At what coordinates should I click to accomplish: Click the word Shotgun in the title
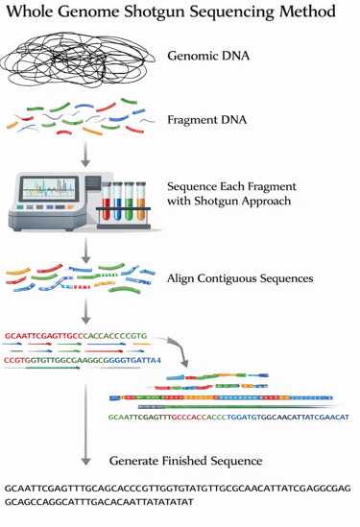tap(155, 12)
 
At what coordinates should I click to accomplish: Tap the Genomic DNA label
tap(208, 56)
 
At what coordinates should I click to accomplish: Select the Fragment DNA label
tap(207, 120)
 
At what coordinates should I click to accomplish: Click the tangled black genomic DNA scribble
tap(78, 60)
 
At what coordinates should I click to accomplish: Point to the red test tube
tap(107, 202)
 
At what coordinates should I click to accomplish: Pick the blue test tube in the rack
tap(118, 202)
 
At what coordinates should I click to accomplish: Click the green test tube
tap(129, 202)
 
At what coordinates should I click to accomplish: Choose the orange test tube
tap(141, 202)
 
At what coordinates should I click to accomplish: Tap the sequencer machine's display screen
tap(49, 188)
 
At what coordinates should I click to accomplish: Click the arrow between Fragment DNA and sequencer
tap(85, 154)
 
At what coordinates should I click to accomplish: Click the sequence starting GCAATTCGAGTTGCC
tap(76, 336)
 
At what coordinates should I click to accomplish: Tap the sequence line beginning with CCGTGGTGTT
tap(83, 360)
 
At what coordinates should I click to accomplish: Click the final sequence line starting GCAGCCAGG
tap(99, 502)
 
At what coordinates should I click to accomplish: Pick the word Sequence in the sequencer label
tap(192, 186)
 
